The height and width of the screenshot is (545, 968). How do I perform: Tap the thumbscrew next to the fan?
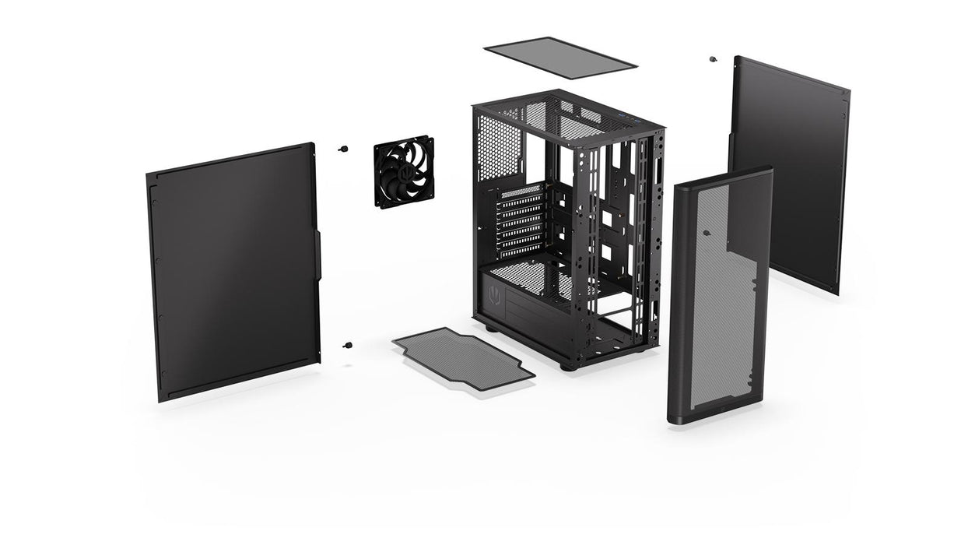342,148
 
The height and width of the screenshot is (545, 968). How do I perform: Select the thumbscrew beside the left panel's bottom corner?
348,344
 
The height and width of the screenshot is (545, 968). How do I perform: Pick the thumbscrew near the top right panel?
713,59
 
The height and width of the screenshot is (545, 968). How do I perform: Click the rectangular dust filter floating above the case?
560,58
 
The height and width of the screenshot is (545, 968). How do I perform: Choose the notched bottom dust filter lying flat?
463,358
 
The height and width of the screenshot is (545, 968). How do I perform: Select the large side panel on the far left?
233,272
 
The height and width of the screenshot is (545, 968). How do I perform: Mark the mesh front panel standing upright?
720,296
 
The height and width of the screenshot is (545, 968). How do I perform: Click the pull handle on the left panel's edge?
317,253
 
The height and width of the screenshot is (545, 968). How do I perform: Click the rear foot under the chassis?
491,328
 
